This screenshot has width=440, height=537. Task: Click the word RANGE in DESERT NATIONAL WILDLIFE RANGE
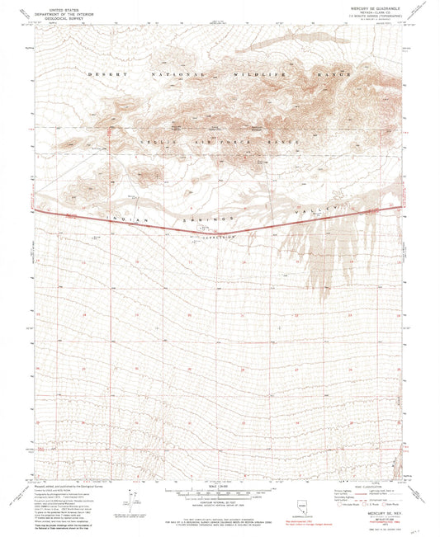338,75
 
